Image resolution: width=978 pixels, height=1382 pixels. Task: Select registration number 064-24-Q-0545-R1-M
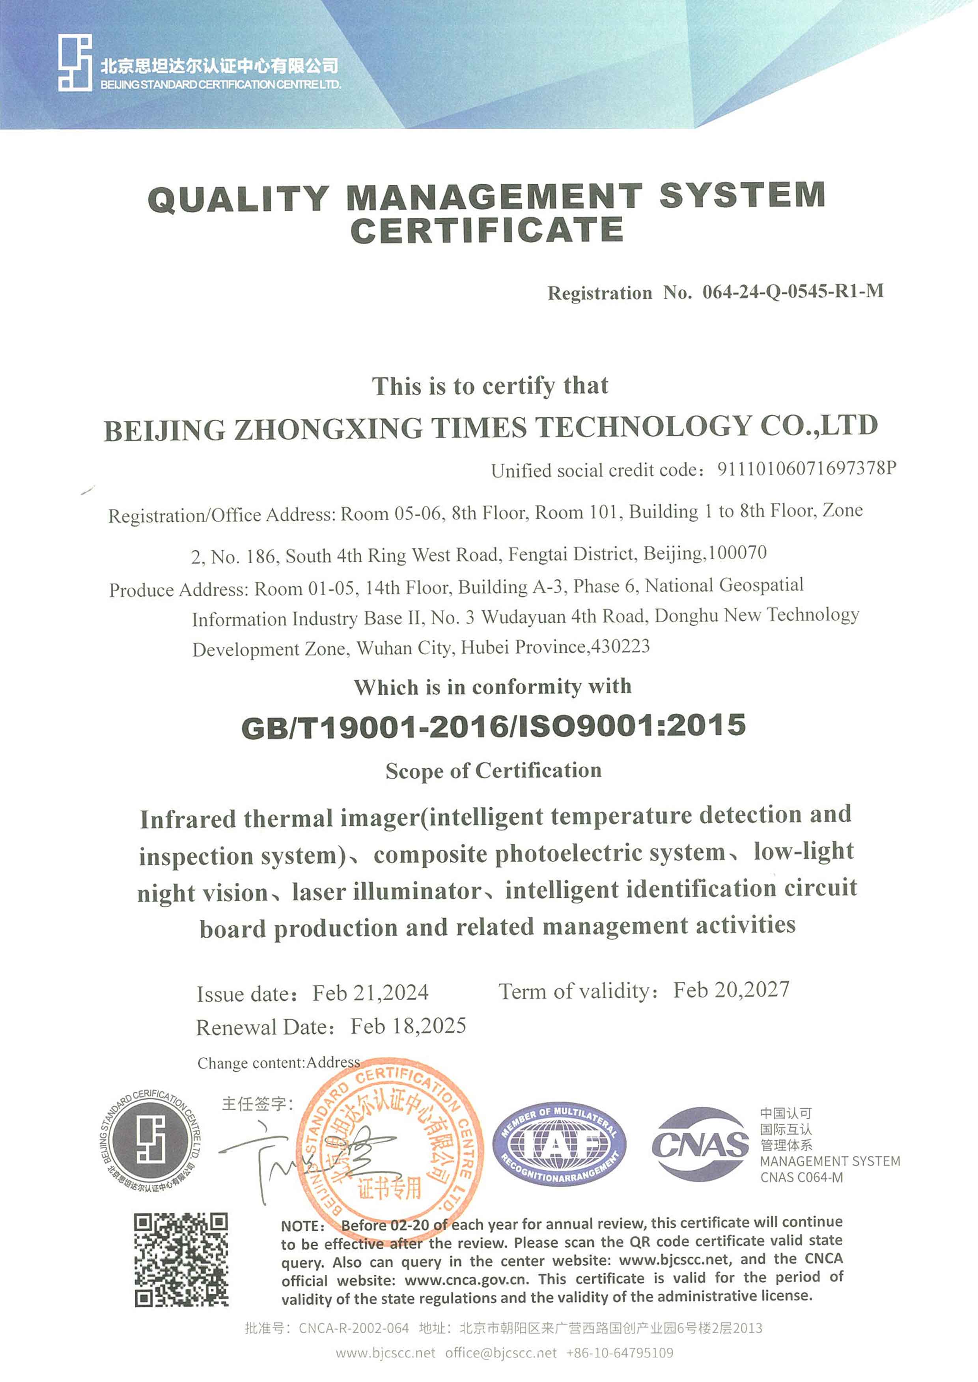pos(793,291)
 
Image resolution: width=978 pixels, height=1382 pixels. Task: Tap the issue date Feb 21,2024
pos(370,992)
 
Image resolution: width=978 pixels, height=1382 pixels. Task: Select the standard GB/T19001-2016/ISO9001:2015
pos(493,726)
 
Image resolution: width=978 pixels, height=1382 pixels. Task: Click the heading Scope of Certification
pos(493,770)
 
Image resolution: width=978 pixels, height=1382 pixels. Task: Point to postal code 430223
pos(621,646)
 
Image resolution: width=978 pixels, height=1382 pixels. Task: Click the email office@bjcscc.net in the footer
pos(501,1353)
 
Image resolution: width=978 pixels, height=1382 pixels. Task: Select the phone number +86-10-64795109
pos(620,1353)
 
